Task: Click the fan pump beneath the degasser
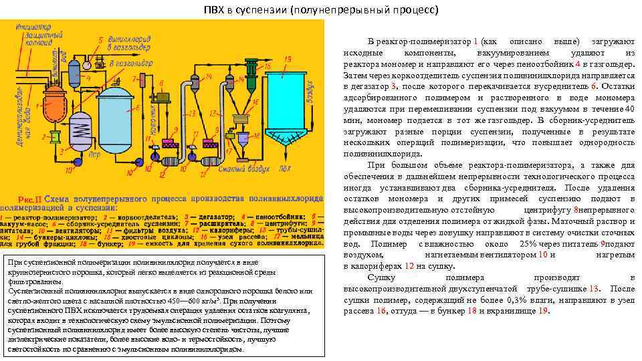click(78, 160)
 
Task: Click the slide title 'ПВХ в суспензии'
click(321, 10)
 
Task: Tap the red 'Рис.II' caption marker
click(31, 200)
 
